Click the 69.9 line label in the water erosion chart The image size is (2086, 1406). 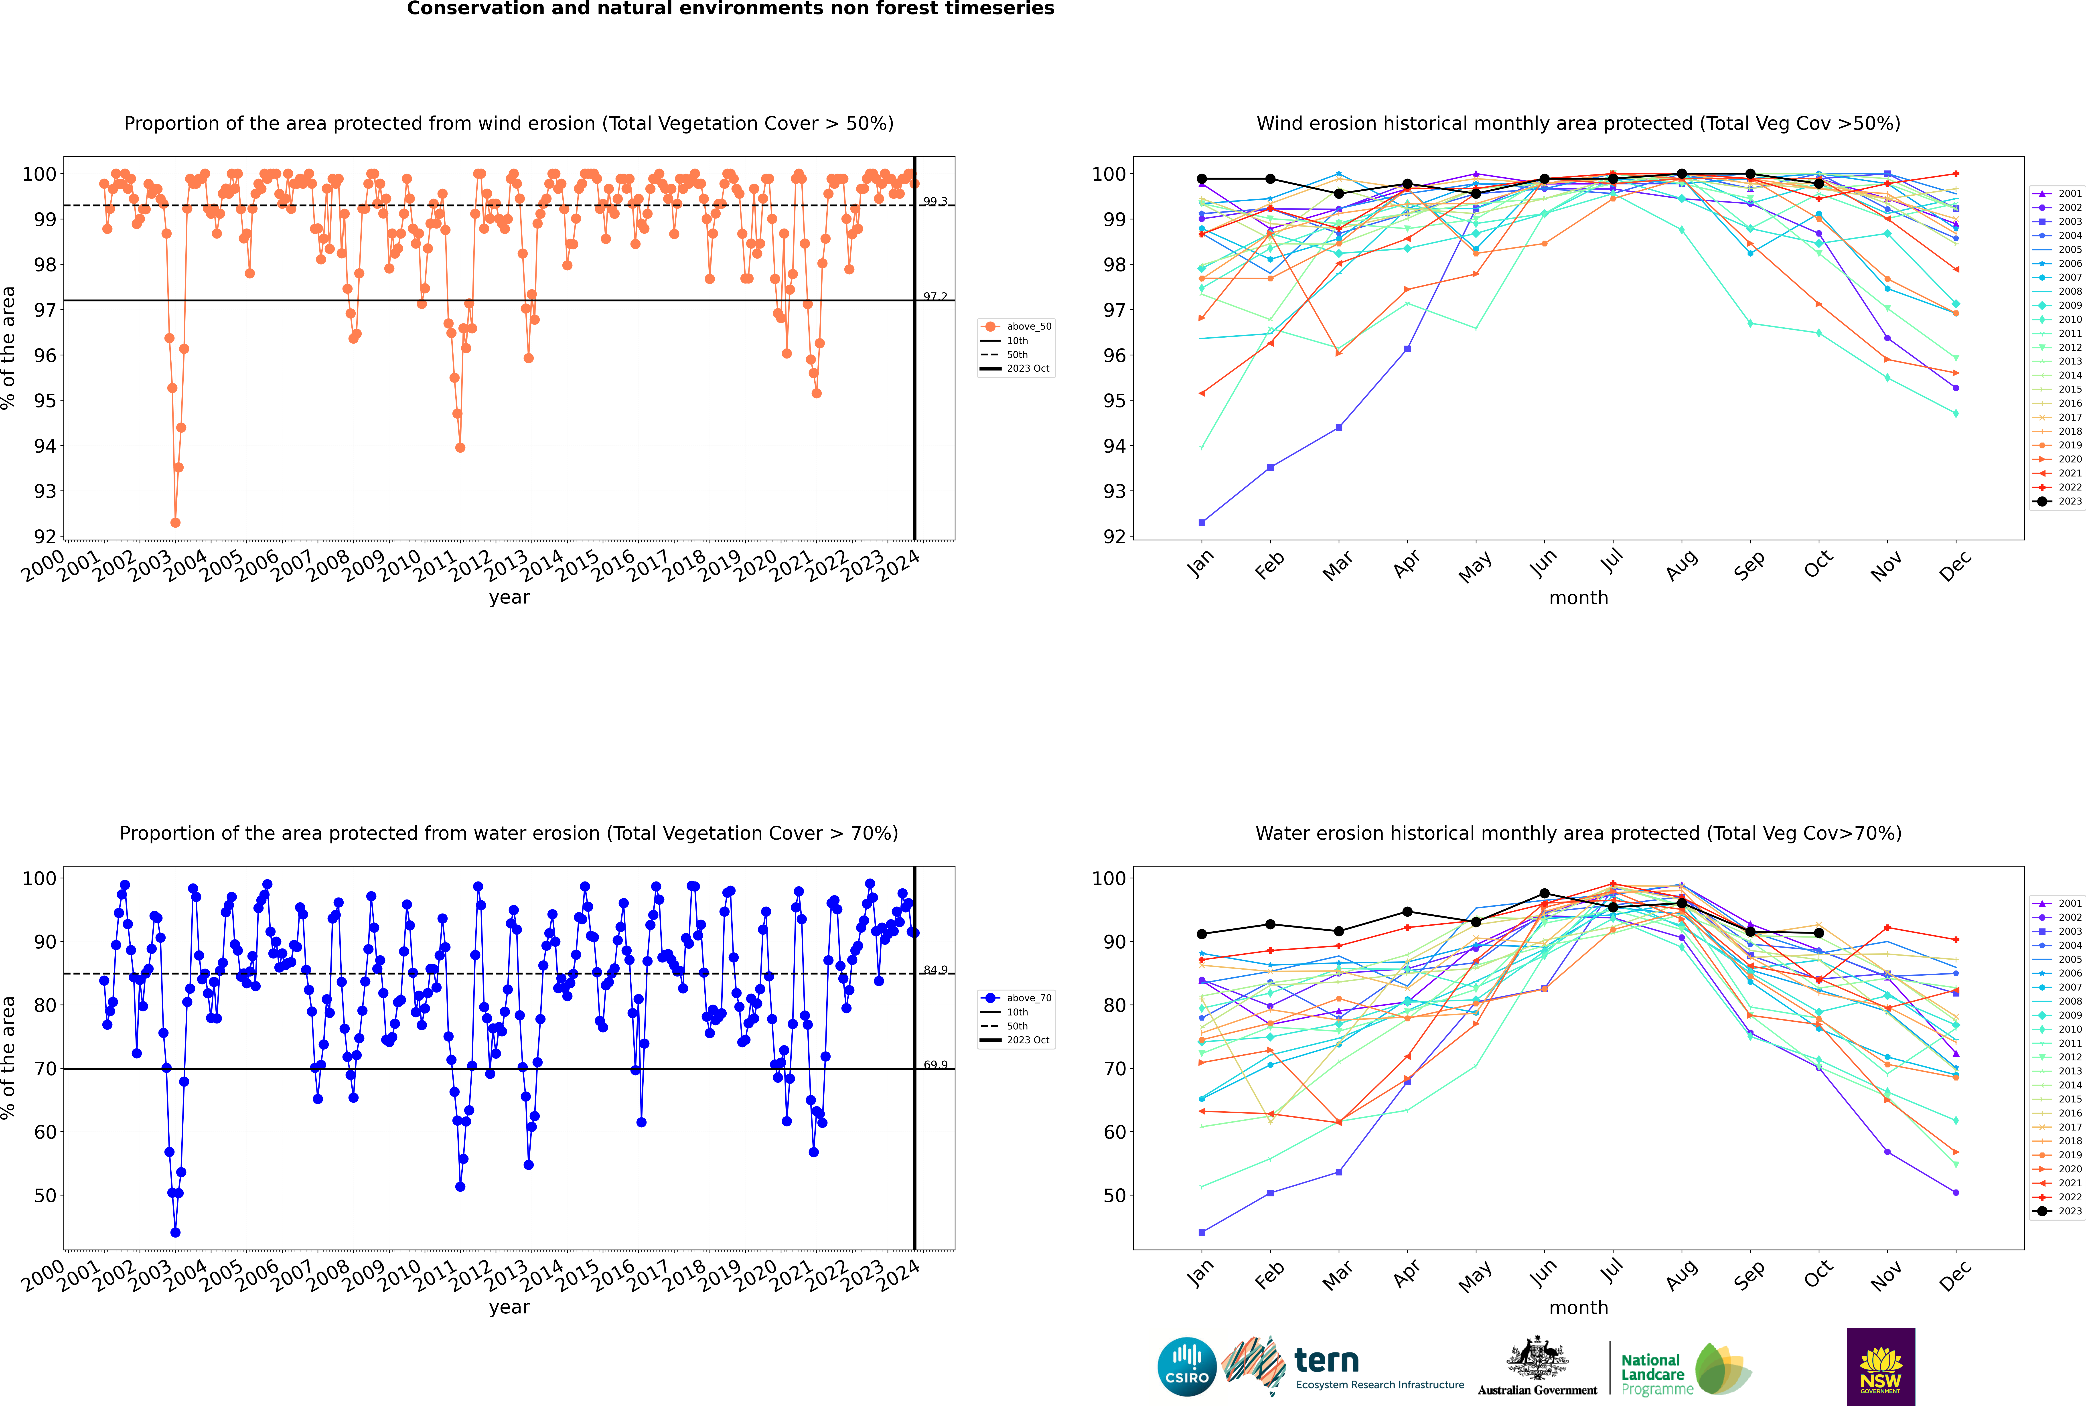coord(935,1064)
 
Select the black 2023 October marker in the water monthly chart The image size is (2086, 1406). coord(1819,934)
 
